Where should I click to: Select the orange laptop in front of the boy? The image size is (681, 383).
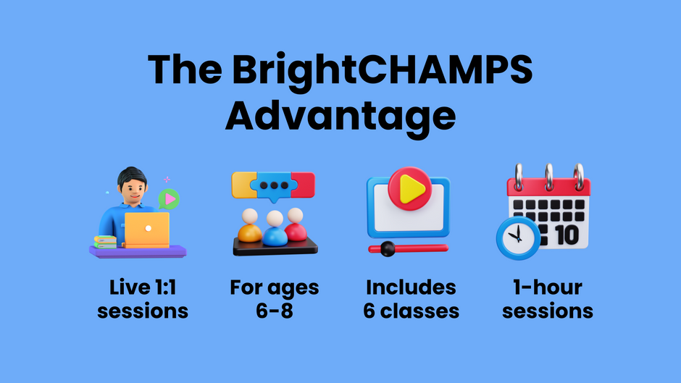[147, 230]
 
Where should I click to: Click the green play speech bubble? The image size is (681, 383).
[169, 198]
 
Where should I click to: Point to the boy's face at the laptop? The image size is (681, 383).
[130, 190]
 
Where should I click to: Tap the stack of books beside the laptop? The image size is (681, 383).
[105, 242]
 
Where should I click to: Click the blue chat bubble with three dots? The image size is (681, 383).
[275, 185]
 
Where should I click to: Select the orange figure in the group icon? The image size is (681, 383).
[250, 227]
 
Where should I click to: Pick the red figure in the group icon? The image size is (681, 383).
[296, 225]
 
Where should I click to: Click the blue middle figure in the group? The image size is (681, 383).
[274, 230]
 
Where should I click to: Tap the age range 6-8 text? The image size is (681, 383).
[274, 311]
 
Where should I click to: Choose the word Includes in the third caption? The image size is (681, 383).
[411, 287]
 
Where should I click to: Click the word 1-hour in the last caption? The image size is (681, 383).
[547, 287]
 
